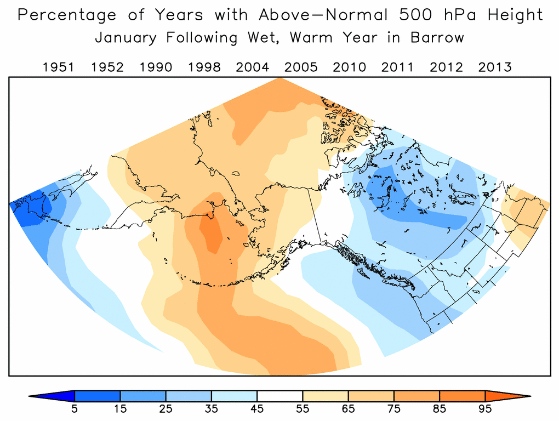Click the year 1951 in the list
click(x=59, y=67)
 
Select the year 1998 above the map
click(x=204, y=67)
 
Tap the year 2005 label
click(x=301, y=67)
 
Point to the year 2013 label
click(x=495, y=67)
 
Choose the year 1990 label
click(x=156, y=67)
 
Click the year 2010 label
click(x=350, y=67)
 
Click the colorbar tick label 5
click(x=74, y=408)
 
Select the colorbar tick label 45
click(x=256, y=408)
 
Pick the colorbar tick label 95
click(x=484, y=408)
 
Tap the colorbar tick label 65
click(x=348, y=408)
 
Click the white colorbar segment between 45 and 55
click(x=279, y=395)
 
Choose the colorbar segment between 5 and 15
click(x=97, y=395)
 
